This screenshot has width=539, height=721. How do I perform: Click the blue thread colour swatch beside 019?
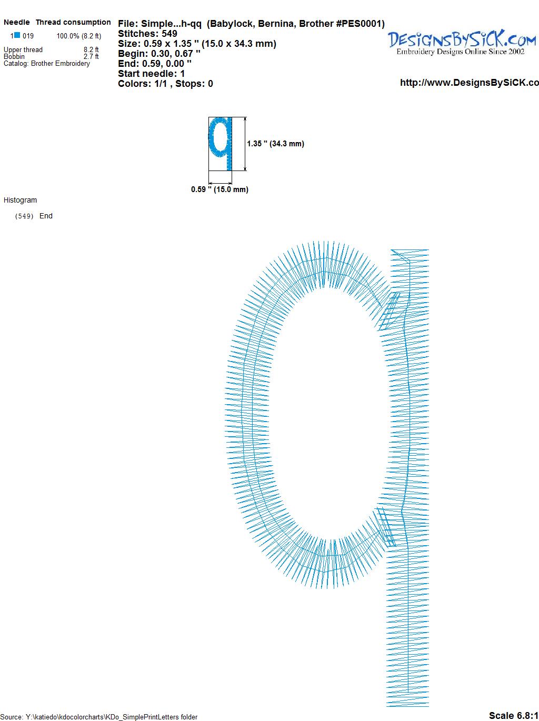pyautogui.click(x=17, y=35)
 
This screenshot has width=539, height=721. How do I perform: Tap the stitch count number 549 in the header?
pyautogui.click(x=169, y=34)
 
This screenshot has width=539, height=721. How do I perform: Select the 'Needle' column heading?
pyautogui.click(x=17, y=22)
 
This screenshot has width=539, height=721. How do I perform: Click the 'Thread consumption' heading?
pyautogui.click(x=73, y=22)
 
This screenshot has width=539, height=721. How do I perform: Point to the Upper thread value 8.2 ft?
pyautogui.click(x=91, y=49)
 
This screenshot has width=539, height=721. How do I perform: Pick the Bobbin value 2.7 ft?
pyautogui.click(x=91, y=56)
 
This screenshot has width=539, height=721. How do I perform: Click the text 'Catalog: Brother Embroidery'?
pyautogui.click(x=47, y=63)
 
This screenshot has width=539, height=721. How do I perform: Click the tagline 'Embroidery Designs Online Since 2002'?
pyautogui.click(x=461, y=52)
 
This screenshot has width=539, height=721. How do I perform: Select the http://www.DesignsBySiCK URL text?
pyautogui.click(x=470, y=83)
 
